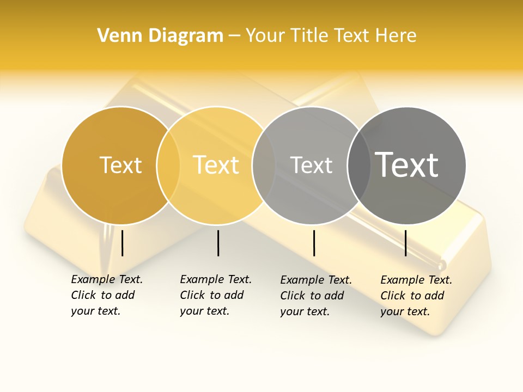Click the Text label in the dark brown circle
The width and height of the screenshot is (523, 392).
click(120, 165)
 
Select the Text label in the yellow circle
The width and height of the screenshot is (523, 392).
click(216, 165)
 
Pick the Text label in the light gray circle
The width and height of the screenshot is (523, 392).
click(311, 165)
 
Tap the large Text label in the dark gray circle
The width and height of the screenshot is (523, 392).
click(407, 165)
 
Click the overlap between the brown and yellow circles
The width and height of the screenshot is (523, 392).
click(168, 166)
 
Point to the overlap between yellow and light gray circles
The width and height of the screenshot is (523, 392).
click(264, 166)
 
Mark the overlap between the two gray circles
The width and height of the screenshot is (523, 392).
click(359, 166)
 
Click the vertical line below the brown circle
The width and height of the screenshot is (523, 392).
click(123, 243)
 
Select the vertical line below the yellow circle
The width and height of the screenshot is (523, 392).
click(218, 243)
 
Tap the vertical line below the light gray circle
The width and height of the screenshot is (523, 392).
click(314, 243)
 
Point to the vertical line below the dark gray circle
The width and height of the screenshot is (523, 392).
click(405, 243)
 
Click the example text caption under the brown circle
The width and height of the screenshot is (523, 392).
click(106, 295)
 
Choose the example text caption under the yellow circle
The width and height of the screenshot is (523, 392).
click(215, 295)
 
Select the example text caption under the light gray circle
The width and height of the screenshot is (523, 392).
click(315, 296)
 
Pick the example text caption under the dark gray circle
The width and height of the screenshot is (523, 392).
click(416, 296)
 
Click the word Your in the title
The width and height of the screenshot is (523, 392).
click(265, 35)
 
